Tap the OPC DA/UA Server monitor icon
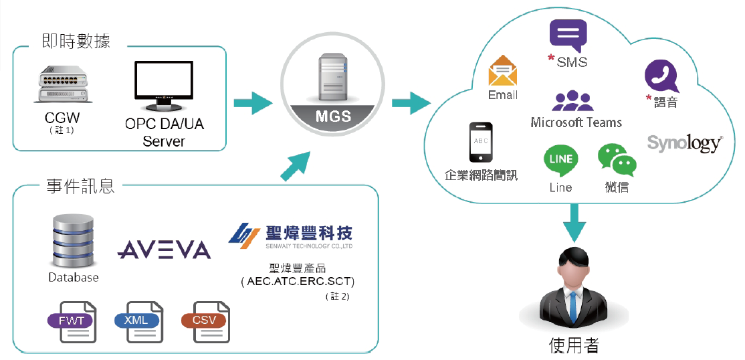point(165,86)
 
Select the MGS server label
point(332,116)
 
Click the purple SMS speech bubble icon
point(568,35)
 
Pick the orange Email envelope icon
point(503,72)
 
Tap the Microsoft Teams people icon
point(573,101)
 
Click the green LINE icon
point(560,161)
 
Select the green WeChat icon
point(616,160)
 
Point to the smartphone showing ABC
point(481,143)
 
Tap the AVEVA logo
point(164,250)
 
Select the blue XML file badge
point(136,321)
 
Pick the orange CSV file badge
point(204,321)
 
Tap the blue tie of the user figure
point(573,306)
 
